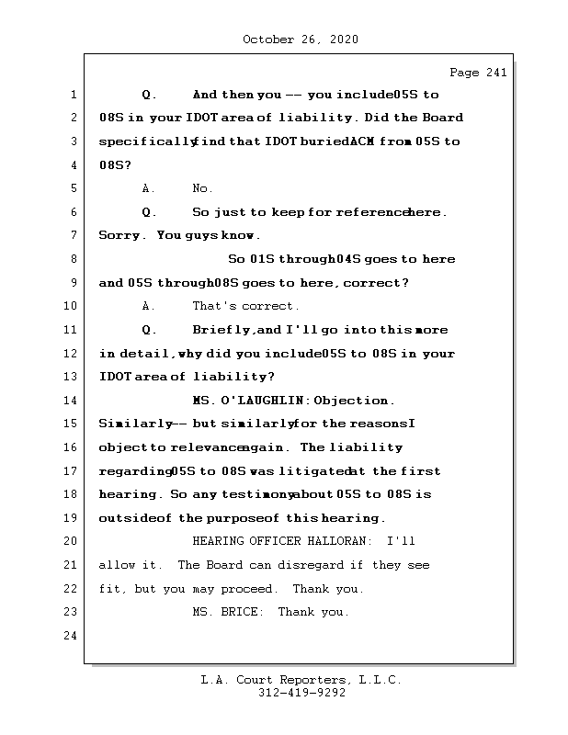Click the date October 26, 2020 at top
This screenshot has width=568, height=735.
pos(301,40)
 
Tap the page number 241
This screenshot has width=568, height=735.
pos(496,73)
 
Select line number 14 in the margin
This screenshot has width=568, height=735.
pos(73,401)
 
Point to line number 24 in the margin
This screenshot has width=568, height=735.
pos(73,636)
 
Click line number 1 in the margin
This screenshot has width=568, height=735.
pos(73,95)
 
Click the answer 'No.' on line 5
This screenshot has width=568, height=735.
pos(202,188)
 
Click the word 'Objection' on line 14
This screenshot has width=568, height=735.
pos(355,401)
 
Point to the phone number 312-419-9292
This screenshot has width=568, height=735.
pos(301,694)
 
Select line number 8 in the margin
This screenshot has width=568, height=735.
pos(73,259)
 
